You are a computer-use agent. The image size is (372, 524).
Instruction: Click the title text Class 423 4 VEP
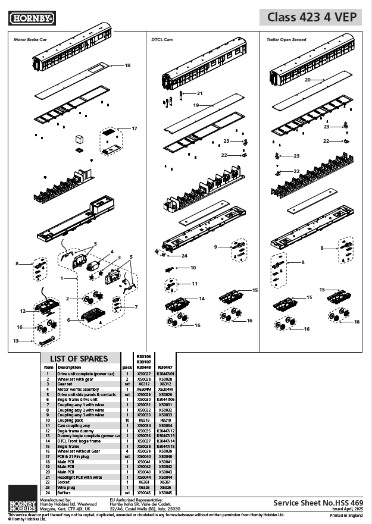click(311, 18)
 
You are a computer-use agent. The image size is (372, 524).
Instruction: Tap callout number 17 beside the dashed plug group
click(134, 128)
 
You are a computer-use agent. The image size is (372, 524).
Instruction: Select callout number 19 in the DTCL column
click(195, 104)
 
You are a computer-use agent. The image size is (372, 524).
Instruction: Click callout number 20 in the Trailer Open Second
click(307, 79)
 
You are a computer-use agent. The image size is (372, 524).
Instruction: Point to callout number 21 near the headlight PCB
click(200, 93)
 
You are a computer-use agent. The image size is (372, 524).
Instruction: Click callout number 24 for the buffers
click(185, 256)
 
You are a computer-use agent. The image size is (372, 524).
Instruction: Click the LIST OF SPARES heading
click(79, 359)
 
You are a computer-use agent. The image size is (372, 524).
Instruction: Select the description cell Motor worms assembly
click(79, 389)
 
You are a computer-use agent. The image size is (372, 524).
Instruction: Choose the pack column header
click(127, 368)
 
